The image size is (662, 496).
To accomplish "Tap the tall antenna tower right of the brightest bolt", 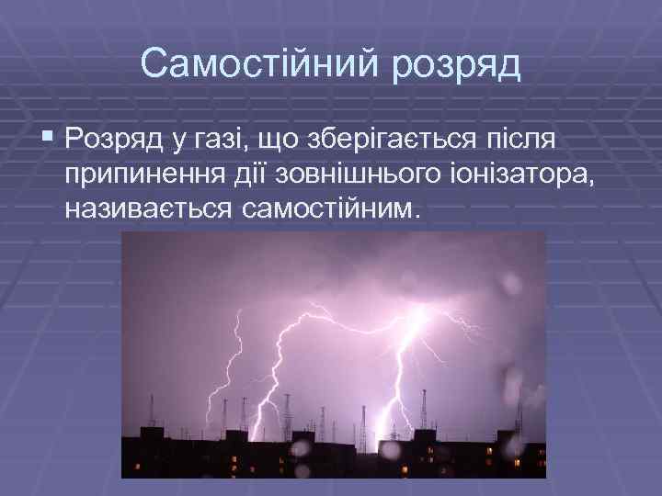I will coord(449,404).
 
